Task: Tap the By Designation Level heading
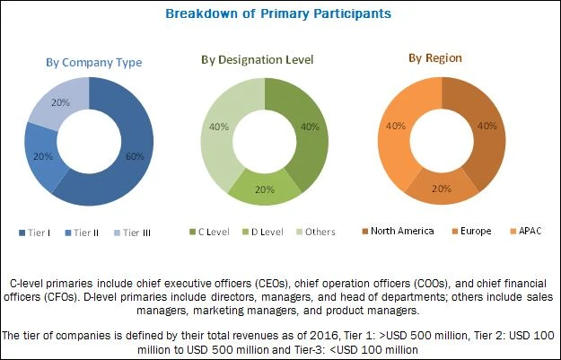pyautogui.click(x=257, y=60)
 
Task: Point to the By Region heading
pyautogui.click(x=435, y=58)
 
